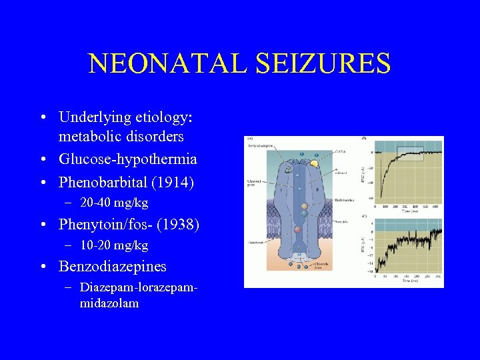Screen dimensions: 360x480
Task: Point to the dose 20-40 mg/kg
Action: point(113,203)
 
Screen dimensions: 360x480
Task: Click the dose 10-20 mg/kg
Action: point(113,245)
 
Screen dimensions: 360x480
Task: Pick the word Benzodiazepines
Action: point(113,267)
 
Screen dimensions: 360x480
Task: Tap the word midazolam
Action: point(109,303)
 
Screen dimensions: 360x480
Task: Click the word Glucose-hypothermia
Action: point(127,160)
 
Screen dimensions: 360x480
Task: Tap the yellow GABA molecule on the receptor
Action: point(314,163)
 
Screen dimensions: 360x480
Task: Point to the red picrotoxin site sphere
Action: point(298,229)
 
